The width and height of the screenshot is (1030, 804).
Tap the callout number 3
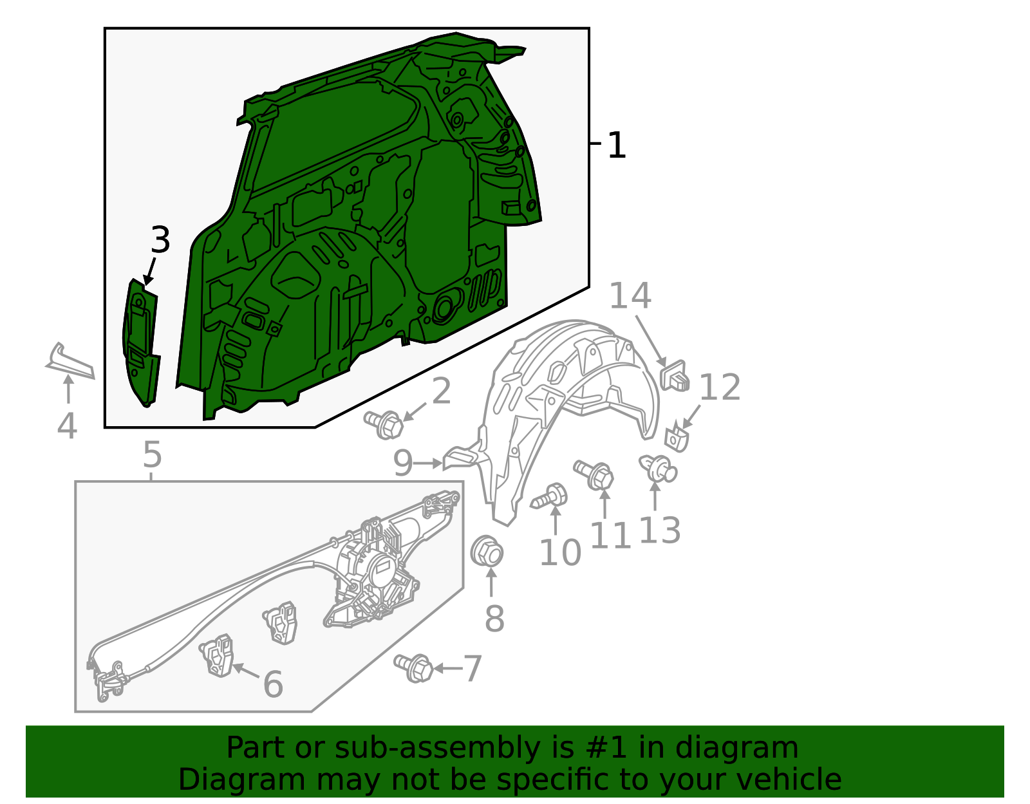160,239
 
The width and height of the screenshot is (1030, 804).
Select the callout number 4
67,426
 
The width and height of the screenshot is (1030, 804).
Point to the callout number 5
152,454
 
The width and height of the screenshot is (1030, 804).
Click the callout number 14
630,295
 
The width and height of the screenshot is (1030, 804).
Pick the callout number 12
720,387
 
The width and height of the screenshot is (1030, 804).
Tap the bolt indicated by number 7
413,668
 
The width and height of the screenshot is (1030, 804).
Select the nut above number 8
487,552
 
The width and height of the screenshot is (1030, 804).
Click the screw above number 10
550,496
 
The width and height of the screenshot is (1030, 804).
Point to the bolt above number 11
594,474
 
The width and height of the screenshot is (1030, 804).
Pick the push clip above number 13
659,467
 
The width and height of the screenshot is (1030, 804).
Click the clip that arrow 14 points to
674,376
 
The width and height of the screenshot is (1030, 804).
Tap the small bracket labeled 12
677,439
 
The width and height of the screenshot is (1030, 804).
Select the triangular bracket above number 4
70,362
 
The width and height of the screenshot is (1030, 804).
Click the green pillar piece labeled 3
141,342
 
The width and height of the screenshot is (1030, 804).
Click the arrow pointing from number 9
427,463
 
